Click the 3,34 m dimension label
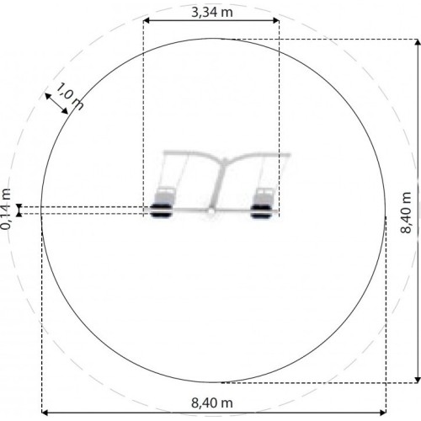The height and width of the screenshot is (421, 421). pyautogui.click(x=212, y=13)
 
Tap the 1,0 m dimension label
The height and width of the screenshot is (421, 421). pyautogui.click(x=70, y=97)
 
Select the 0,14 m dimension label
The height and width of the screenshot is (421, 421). pyautogui.click(x=6, y=209)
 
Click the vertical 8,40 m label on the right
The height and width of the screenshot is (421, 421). pyautogui.click(x=406, y=212)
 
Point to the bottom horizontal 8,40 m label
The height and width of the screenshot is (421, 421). pyautogui.click(x=212, y=403)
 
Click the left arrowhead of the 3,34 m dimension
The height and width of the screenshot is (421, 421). pyautogui.click(x=147, y=20)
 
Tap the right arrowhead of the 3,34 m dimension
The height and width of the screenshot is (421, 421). pyautogui.click(x=276, y=20)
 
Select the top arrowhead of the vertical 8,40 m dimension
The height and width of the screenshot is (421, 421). pyautogui.click(x=418, y=42)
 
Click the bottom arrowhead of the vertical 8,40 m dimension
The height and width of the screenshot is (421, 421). pyautogui.click(x=418, y=380)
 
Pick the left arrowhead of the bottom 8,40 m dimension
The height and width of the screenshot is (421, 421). pyautogui.click(x=45, y=413)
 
